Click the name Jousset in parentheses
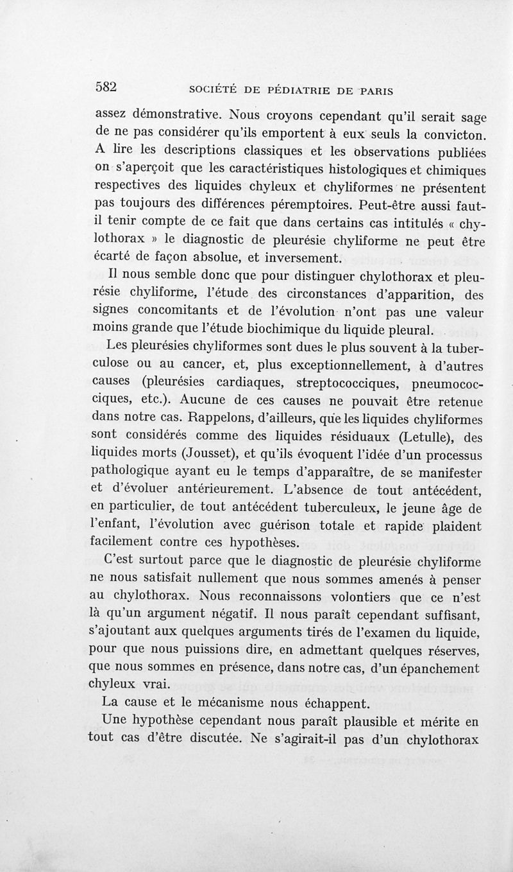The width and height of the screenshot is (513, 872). [183, 456]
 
